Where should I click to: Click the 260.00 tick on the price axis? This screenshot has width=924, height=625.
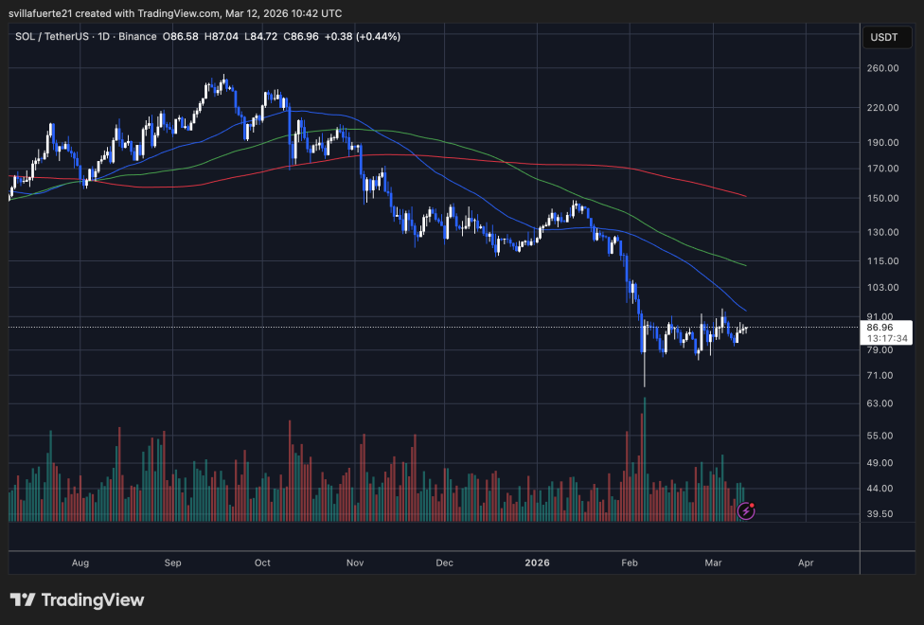click(x=883, y=68)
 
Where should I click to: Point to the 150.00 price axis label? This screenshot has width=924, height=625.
click(x=883, y=198)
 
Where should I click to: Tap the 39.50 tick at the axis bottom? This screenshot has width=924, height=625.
click(x=883, y=514)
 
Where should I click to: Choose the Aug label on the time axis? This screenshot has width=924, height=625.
click(x=80, y=562)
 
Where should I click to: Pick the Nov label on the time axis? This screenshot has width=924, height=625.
click(x=355, y=562)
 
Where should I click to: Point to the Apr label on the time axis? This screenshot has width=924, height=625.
click(x=806, y=562)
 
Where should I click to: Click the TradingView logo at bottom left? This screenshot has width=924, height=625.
click(x=78, y=599)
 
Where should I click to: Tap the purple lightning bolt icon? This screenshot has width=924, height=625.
click(x=746, y=510)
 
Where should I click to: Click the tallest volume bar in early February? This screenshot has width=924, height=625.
click(x=645, y=459)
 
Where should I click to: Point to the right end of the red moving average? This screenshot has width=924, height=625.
click(x=746, y=197)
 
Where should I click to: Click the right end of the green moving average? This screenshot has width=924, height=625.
click(x=746, y=265)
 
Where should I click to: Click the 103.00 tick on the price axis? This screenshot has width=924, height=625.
click(x=883, y=287)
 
